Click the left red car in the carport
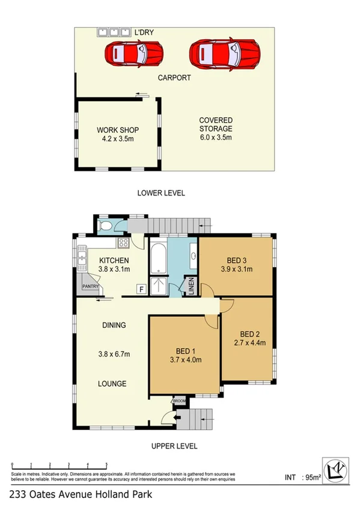(134, 53)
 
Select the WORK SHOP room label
(118, 130)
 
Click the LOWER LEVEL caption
(161, 193)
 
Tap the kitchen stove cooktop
(124, 243)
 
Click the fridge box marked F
(141, 289)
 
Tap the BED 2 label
(249, 334)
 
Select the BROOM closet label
(180, 401)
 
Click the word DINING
(114, 325)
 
